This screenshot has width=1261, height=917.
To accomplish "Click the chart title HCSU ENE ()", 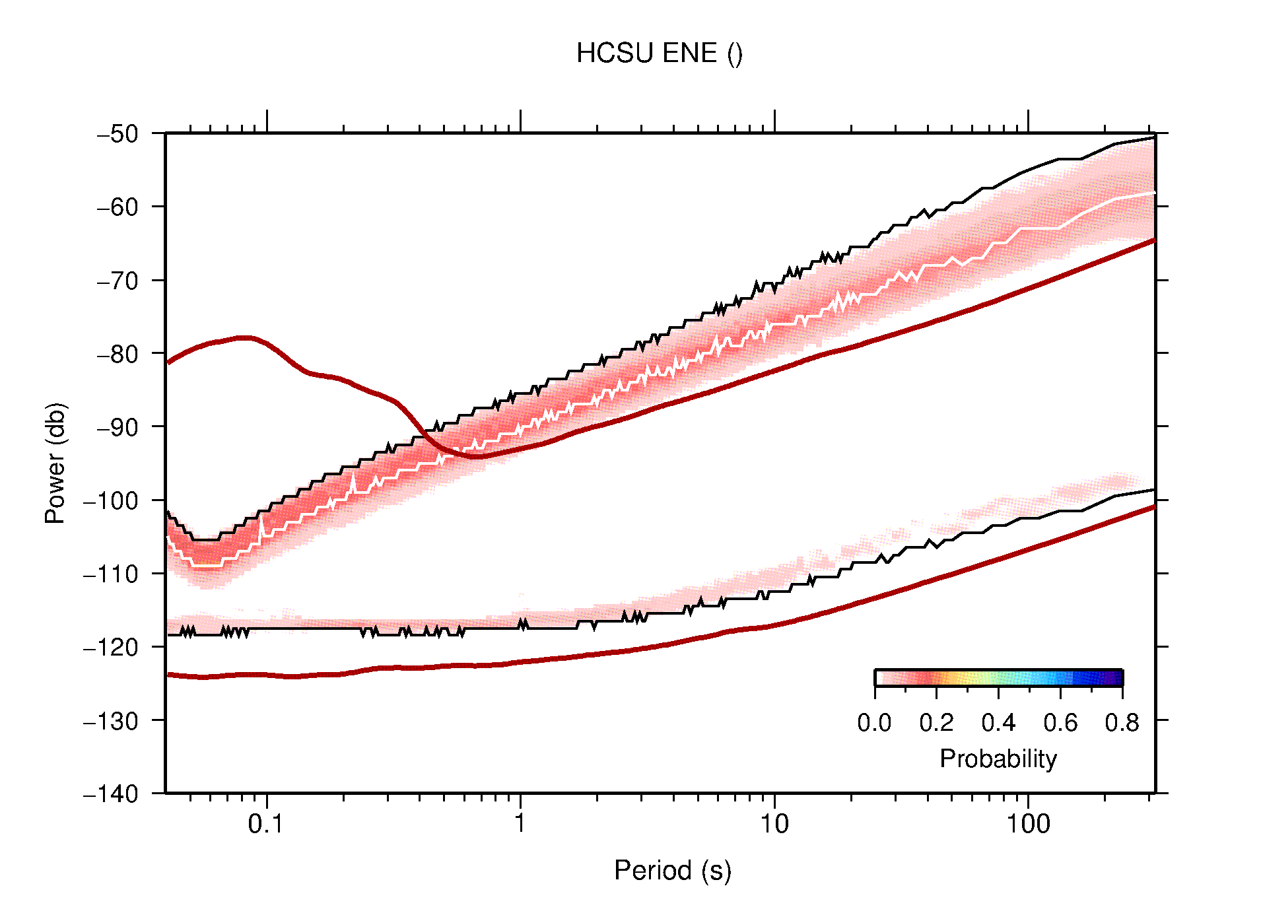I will click(659, 53).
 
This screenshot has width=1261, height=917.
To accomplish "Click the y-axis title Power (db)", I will click(55, 463).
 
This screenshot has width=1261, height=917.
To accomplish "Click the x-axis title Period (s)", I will click(672, 870).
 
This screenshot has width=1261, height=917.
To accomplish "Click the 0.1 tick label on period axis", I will click(266, 823).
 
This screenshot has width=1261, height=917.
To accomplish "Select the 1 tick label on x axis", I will click(520, 823).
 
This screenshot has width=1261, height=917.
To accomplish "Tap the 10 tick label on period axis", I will click(774, 823).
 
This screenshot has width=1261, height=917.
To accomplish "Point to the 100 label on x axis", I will click(1027, 823).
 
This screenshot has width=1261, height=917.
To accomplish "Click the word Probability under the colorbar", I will click(998, 759).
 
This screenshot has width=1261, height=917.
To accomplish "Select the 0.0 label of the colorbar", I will click(874, 723).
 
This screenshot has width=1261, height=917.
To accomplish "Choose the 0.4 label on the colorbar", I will click(998, 723).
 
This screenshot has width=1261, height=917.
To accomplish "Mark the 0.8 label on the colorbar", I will click(1122, 723).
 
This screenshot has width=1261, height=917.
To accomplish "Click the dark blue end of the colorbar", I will click(1116, 678).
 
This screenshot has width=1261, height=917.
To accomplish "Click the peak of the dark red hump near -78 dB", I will click(244, 337).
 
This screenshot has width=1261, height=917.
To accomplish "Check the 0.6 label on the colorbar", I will click(1060, 723).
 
